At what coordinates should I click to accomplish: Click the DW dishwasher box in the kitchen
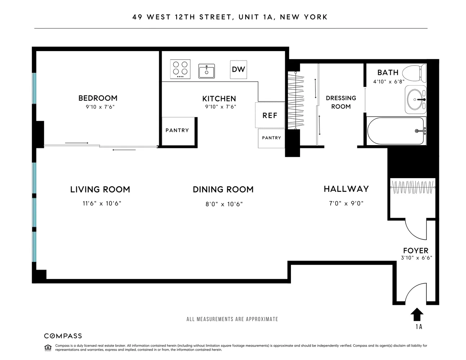238,69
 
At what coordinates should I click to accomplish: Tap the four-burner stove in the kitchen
180,69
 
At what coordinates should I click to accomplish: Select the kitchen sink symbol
207,71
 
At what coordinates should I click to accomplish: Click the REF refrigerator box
270,115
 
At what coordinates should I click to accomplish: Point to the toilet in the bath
414,72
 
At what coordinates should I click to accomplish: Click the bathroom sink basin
416,99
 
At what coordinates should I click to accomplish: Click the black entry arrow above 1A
417,314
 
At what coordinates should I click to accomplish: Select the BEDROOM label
98,98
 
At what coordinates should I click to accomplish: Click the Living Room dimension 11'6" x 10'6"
102,203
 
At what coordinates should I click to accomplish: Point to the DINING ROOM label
223,189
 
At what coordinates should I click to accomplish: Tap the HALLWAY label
346,189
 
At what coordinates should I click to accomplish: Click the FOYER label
416,251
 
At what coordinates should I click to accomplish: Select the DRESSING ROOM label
341,102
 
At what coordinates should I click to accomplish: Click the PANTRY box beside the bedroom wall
178,131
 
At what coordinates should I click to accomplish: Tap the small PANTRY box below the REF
272,138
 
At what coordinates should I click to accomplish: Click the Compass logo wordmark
63,336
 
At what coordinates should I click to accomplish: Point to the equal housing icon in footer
48,347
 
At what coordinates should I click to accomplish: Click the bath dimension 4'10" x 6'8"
389,82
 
